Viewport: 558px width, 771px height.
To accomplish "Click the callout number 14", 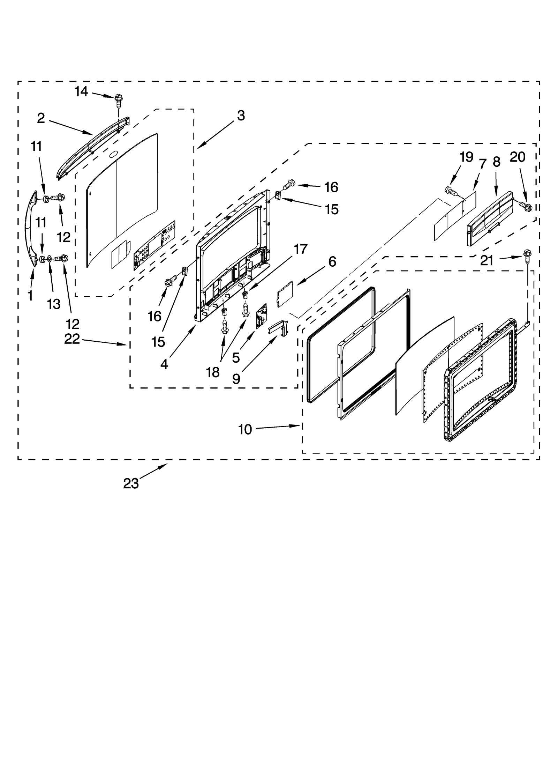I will (81, 92).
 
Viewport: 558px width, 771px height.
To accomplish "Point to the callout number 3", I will (241, 116).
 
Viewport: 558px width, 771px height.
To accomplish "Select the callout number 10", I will (245, 430).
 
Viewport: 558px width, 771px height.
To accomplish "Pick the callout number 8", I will (497, 162).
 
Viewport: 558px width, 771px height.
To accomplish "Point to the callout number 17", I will (300, 249).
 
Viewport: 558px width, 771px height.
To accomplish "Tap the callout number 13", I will (53, 304).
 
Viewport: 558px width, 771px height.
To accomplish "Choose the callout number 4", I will (164, 364).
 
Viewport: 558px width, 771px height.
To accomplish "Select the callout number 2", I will (41, 118).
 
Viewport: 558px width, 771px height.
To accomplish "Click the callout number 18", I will (212, 372).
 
